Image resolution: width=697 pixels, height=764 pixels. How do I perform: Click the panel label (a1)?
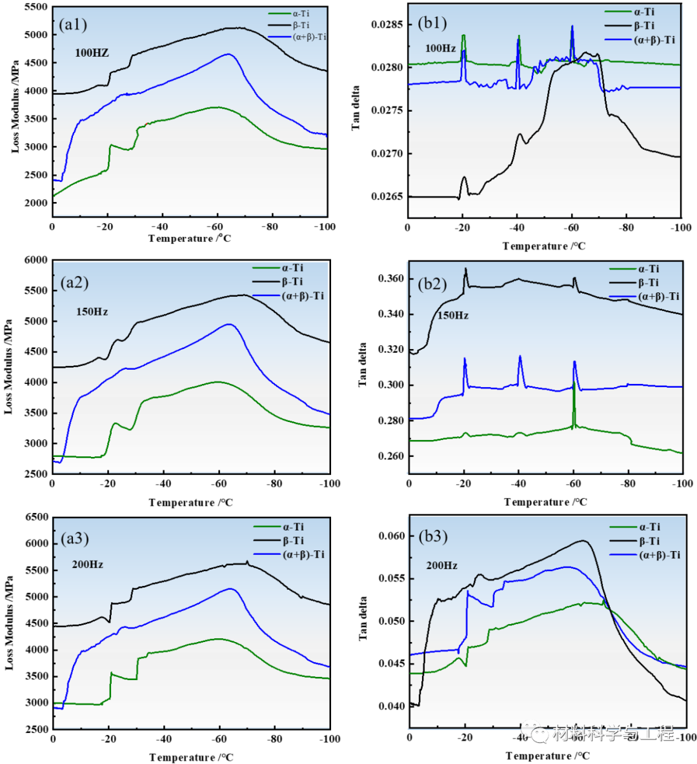[72, 25]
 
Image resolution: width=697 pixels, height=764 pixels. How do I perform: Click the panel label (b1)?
[432, 23]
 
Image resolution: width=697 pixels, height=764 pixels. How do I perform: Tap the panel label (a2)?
[74, 282]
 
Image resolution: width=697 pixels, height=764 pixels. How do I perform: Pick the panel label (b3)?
[432, 536]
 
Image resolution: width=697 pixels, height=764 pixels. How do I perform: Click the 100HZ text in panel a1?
[92, 53]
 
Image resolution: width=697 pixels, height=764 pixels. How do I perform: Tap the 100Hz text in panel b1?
[440, 48]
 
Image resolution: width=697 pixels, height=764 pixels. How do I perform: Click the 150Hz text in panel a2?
[92, 312]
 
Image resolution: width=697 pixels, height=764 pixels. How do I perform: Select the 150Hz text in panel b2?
[452, 316]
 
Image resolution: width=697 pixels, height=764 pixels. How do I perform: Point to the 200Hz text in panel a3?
[87, 565]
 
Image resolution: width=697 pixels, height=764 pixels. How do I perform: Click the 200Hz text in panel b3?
[441, 565]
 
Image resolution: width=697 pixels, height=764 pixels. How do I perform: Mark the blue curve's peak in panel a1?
[228, 54]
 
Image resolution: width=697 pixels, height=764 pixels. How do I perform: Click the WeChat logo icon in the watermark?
[535, 732]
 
